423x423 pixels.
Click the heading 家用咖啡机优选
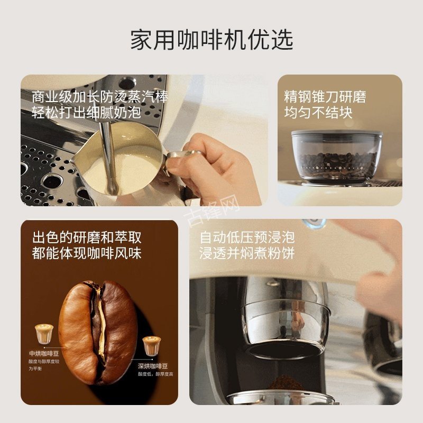click(x=212, y=39)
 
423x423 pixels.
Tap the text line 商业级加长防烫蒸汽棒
click(x=100, y=97)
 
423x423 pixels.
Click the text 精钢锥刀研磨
click(x=325, y=97)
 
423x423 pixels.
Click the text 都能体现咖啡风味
click(x=87, y=253)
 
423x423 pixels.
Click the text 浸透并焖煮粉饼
click(x=247, y=253)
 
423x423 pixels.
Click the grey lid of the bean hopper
click(x=337, y=133)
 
